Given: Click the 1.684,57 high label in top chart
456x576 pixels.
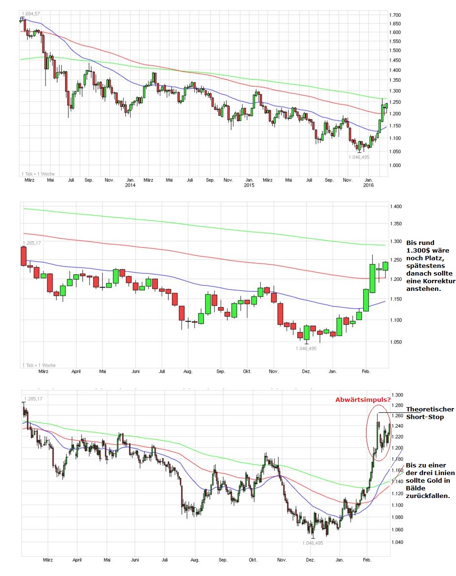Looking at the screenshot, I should coord(30,13).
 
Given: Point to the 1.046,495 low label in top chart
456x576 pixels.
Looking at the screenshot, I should coord(359,157).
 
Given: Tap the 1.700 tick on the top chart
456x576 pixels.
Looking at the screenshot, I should coord(395,15).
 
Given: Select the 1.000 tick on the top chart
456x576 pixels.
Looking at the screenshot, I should coord(395,166).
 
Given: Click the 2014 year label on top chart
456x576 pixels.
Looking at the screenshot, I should coord(130,185).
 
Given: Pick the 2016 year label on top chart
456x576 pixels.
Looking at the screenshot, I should coord(368,185).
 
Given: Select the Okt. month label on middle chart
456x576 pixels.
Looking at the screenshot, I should coord(247,371).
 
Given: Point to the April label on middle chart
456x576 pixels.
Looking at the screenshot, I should coord(76,371).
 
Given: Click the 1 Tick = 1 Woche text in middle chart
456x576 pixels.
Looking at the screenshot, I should coord(39,365).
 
